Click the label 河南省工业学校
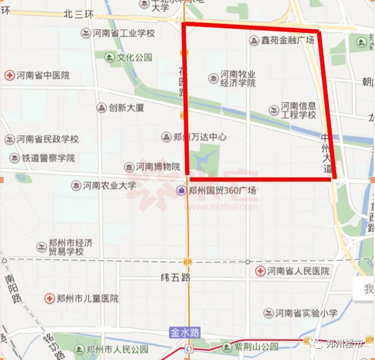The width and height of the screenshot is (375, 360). click(x=123, y=33)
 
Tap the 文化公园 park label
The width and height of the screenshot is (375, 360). click(x=135, y=57)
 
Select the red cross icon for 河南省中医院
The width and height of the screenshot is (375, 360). click(x=9, y=76)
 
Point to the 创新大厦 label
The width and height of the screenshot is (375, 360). click(x=126, y=108)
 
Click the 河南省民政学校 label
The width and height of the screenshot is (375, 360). click(x=47, y=139)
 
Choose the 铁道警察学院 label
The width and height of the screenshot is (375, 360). click(x=48, y=158)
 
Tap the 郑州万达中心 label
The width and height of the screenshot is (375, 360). click(x=199, y=137)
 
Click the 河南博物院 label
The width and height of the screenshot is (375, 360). click(x=158, y=167)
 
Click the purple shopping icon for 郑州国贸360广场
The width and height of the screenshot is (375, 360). click(x=181, y=191)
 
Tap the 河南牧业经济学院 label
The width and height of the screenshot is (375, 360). click(x=237, y=79)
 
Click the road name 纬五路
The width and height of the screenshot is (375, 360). click(x=175, y=278)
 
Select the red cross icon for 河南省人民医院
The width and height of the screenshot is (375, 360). click(x=260, y=271)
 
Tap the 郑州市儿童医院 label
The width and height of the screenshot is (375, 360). click(x=87, y=298)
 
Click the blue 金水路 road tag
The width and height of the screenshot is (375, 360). click(x=184, y=332)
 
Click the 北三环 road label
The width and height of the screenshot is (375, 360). click(x=79, y=15)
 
